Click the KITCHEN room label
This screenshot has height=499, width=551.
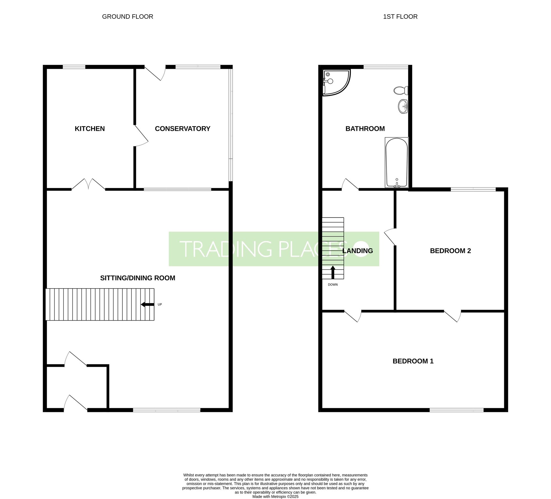(x=90, y=129)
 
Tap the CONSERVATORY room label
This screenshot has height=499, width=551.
(x=183, y=129)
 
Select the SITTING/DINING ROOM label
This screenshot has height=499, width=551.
(x=138, y=278)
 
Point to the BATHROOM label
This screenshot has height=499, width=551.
(x=365, y=129)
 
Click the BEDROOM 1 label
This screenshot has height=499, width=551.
(x=413, y=361)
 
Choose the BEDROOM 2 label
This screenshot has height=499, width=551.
(x=450, y=251)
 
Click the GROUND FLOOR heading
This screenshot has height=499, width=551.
(x=128, y=17)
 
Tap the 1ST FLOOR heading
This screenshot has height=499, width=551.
(x=400, y=17)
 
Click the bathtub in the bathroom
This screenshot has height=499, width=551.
(x=397, y=162)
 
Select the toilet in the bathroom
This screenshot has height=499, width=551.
(x=401, y=90)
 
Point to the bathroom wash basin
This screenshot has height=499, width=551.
(x=403, y=106)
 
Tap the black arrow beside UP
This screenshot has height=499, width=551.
(x=147, y=304)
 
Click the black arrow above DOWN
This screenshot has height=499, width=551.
(x=333, y=272)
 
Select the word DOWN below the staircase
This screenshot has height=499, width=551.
(x=333, y=284)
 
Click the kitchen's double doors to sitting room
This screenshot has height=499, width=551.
(x=88, y=184)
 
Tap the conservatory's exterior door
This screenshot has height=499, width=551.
(x=155, y=73)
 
